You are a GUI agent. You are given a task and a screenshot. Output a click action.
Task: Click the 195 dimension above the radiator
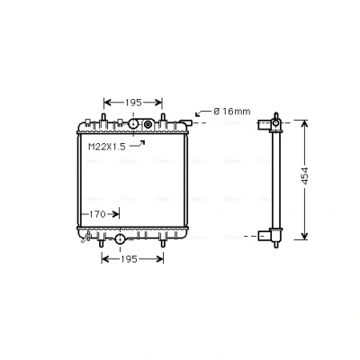tap(133, 103)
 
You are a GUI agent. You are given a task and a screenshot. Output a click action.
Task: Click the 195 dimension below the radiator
tap(129, 259)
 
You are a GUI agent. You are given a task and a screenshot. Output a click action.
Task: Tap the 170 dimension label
tap(98, 214)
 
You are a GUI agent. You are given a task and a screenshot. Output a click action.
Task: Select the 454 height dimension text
tap(305, 175)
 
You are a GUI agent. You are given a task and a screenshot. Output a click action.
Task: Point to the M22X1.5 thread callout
tap(107, 147)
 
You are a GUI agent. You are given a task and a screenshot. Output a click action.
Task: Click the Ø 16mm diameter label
tap(232, 112)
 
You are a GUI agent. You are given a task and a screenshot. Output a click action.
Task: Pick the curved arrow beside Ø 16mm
tap(203, 113)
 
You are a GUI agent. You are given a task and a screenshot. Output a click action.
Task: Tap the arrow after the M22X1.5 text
tap(138, 144)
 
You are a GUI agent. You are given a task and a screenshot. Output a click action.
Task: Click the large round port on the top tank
tap(133, 123)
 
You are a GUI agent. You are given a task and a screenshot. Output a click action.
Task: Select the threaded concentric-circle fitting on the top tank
tap(148, 124)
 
